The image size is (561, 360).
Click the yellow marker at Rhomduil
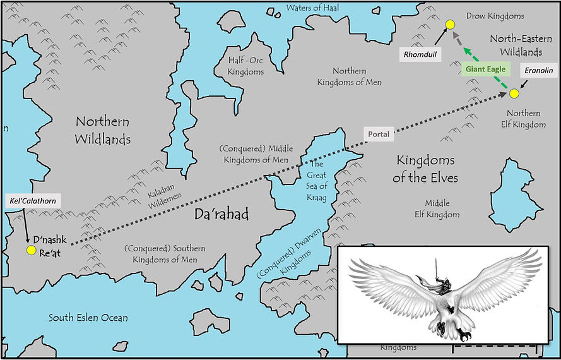click(x=450, y=25)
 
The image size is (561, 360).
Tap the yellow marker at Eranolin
click(x=514, y=93)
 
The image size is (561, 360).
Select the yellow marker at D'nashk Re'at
click(x=31, y=251)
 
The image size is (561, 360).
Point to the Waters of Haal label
click(x=312, y=8)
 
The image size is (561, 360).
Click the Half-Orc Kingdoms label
click(x=245, y=66)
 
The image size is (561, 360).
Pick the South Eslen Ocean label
click(x=88, y=318)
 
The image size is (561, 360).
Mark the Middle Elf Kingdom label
click(x=442, y=209)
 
